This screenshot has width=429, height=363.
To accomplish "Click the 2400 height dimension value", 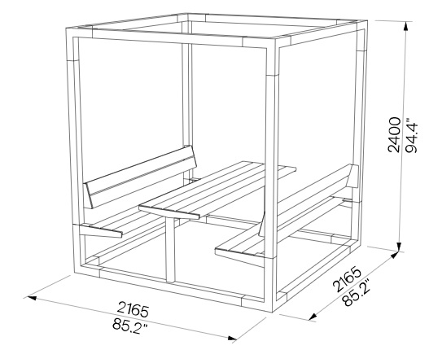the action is click(x=394, y=134).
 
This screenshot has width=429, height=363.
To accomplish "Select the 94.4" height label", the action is click(x=411, y=135).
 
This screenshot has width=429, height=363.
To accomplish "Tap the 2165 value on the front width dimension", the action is click(x=133, y=309).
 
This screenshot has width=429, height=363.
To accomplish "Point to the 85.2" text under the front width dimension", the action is click(x=129, y=326).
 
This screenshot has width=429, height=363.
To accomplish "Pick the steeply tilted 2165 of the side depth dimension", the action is click(x=348, y=278).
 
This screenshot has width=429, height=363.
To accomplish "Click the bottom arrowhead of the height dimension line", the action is click(x=400, y=246).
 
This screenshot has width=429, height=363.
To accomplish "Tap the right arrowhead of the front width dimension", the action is click(x=232, y=338).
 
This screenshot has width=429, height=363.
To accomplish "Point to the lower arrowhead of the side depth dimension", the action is click(x=313, y=317).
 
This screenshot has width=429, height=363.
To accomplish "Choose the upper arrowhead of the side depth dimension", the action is click(x=395, y=256).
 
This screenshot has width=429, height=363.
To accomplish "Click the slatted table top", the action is click(x=217, y=190).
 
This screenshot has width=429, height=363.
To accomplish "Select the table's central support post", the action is click(x=170, y=250).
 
